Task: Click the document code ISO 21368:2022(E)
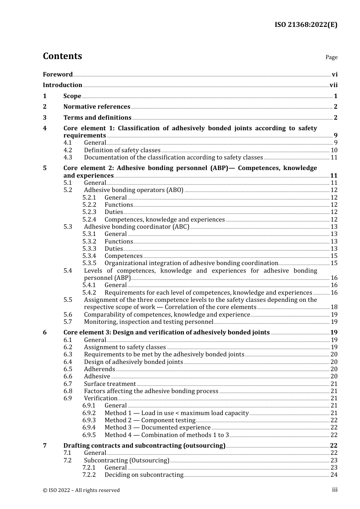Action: click(x=306, y=25)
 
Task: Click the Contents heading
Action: click(x=62, y=56)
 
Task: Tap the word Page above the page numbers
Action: click(x=331, y=57)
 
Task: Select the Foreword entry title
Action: click(x=58, y=74)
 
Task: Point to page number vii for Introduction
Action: click(x=333, y=85)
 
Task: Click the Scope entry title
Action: click(x=72, y=96)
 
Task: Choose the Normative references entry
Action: click(x=97, y=107)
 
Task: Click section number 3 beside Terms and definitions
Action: click(x=45, y=118)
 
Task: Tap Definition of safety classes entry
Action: click(x=122, y=150)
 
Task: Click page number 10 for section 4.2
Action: click(x=334, y=150)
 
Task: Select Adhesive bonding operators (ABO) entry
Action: click(x=133, y=190)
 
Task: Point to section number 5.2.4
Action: click(x=89, y=220)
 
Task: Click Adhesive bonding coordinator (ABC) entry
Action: click(x=136, y=227)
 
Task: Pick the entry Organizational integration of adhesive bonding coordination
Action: click(x=191, y=263)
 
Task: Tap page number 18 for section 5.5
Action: click(x=334, y=307)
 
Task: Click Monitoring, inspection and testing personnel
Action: click(x=149, y=322)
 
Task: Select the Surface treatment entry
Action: click(x=110, y=384)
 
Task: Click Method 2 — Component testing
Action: click(x=150, y=420)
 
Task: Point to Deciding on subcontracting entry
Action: click(x=144, y=475)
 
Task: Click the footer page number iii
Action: click(x=335, y=490)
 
